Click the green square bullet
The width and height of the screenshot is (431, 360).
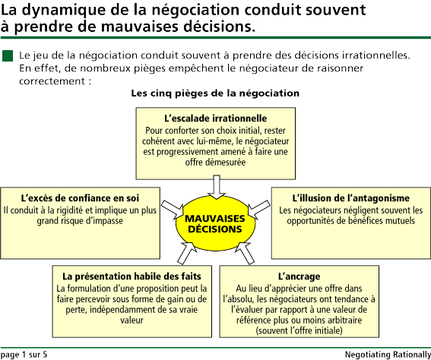coord(8,55)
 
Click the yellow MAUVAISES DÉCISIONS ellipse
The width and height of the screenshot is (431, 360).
coord(215,224)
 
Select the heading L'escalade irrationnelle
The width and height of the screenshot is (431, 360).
coord(216,118)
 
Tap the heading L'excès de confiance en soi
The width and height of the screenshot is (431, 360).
coord(80,198)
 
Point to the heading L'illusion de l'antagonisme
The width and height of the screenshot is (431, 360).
coord(350,198)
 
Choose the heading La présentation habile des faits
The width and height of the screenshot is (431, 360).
coord(132,276)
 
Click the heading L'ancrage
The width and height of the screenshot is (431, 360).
coord(299,276)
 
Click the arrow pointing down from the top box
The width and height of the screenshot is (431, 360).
coord(217,187)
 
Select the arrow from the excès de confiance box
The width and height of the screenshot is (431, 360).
coord(172,210)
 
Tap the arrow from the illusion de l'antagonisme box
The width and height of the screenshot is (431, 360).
coord(258,210)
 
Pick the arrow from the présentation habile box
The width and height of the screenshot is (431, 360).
coord(187,254)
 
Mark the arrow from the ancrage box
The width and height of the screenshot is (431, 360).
coord(245,254)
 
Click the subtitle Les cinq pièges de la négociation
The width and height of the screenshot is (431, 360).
coord(215,93)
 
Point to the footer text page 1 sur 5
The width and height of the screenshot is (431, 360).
coord(24,355)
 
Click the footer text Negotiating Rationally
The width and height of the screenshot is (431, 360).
coord(388,355)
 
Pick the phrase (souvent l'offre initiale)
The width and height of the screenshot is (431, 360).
coord(299,330)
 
